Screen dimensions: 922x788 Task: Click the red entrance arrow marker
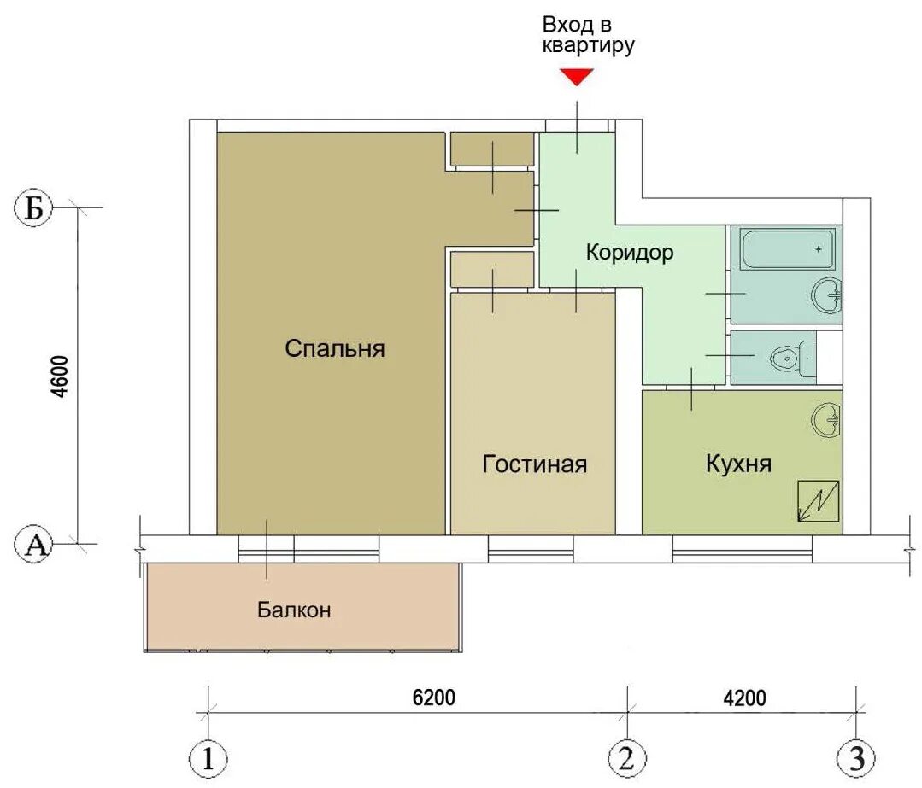(x=576, y=76)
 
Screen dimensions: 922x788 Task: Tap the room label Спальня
(x=335, y=348)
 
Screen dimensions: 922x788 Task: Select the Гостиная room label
(x=535, y=464)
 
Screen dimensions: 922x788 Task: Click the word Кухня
(x=738, y=463)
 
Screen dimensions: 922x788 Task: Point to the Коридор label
(x=630, y=252)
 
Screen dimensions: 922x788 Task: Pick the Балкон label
(x=294, y=610)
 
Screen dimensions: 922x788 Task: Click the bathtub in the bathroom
(x=787, y=249)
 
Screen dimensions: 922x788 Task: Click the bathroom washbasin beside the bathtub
(x=827, y=295)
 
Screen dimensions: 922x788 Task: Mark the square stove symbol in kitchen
(x=818, y=501)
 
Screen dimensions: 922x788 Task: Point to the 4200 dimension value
(x=744, y=698)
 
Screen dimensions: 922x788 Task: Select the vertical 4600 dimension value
(x=62, y=376)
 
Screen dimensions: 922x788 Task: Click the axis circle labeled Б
(x=33, y=207)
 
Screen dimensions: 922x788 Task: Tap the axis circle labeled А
(x=33, y=545)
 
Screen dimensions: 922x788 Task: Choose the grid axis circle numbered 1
(x=208, y=759)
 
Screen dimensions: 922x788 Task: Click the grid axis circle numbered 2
(x=627, y=758)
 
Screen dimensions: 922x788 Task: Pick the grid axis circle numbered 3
(x=856, y=758)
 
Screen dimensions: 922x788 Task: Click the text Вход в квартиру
(x=588, y=35)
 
